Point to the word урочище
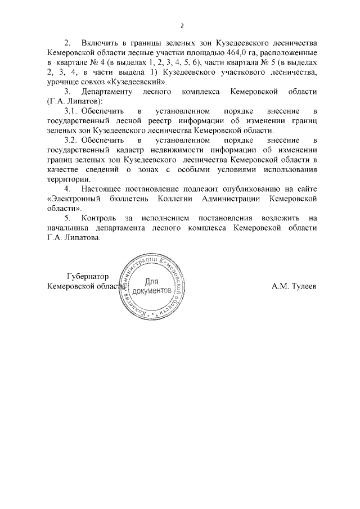tap(63, 82)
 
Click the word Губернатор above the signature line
tap(87, 276)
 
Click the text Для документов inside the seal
tap(154, 286)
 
